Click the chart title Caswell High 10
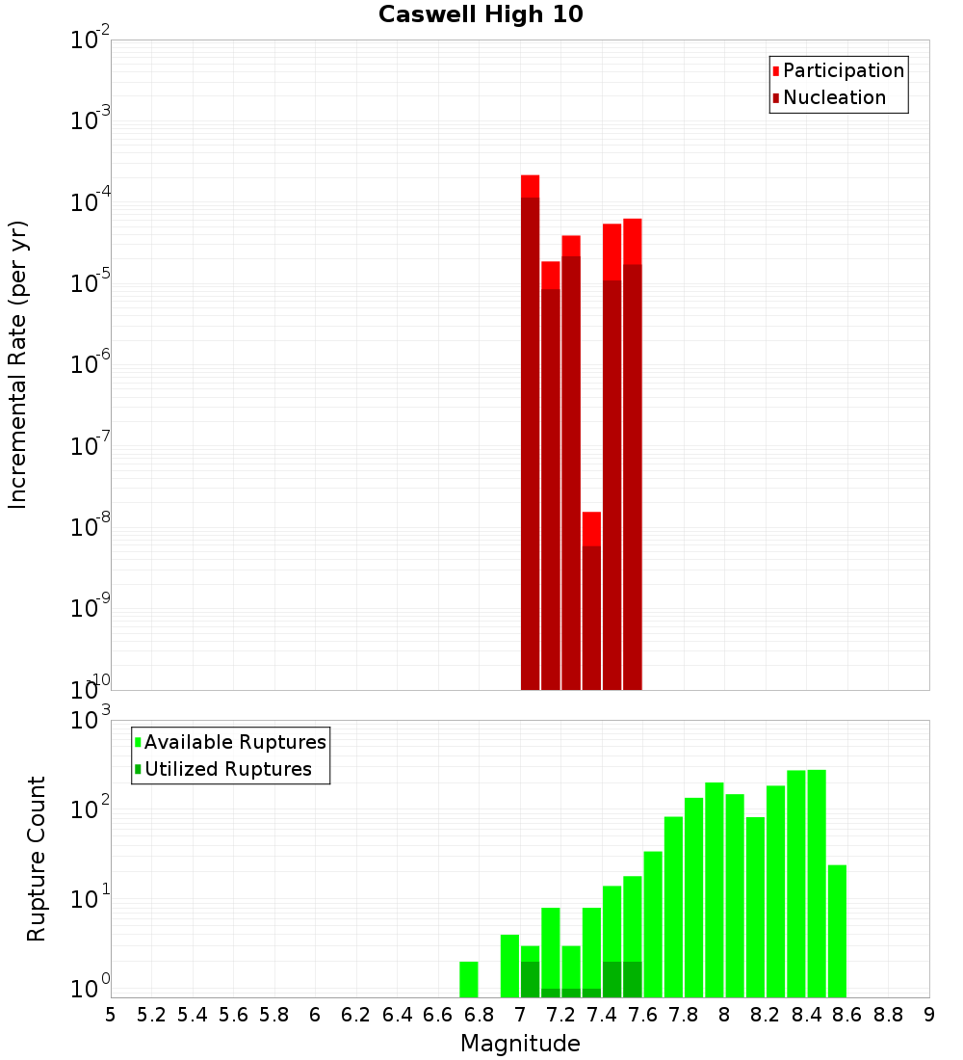(481, 14)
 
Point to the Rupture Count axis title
(37, 858)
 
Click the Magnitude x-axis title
(520, 1044)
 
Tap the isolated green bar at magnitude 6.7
(469, 979)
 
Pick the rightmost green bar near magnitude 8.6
(837, 931)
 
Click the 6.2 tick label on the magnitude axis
(356, 1015)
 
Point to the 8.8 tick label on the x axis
(888, 1015)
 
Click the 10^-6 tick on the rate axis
(91, 365)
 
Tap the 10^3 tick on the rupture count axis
(91, 720)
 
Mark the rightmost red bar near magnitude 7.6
(632, 453)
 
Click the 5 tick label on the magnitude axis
(111, 1015)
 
